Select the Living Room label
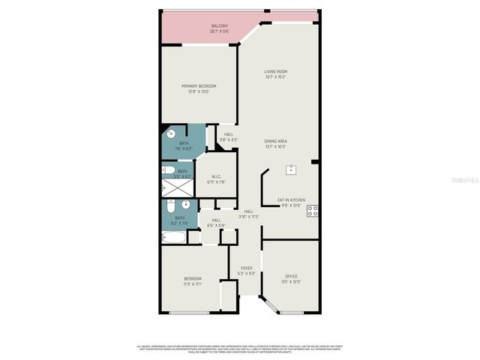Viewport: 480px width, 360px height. coord(276,74)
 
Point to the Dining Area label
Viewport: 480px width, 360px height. coord(276,143)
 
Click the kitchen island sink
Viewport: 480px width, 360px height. coord(289,169)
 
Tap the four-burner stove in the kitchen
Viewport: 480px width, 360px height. coord(312,211)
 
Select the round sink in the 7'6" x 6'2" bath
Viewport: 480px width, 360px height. coord(171,134)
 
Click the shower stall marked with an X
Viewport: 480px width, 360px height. coord(178,187)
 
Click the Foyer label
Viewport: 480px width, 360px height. coord(247,270)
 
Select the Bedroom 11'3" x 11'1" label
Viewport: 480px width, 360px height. coord(193,281)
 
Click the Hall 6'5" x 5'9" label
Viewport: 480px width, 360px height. coord(216,222)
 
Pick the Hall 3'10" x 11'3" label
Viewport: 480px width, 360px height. coord(248,214)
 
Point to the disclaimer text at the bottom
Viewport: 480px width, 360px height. coord(240,349)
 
